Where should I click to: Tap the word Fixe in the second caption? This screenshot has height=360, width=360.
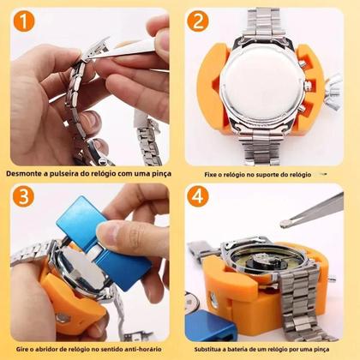213,174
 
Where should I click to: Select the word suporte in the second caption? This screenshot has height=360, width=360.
279,174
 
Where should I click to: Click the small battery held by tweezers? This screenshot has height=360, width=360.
283,225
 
